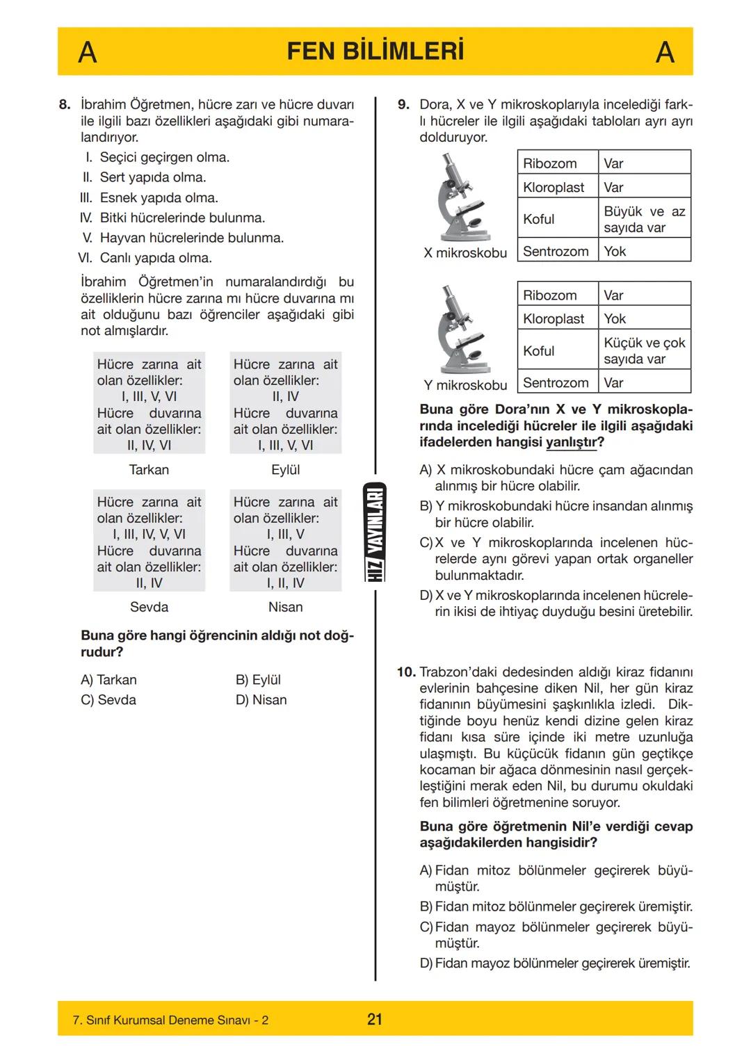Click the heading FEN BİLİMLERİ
coord(375,51)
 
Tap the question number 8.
coord(65,105)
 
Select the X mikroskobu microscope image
coord(463,198)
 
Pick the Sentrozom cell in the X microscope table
coord(556,251)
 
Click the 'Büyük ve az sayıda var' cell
coord(644,219)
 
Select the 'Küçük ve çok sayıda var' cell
coord(644,350)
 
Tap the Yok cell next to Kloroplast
coord(615,318)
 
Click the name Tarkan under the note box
coord(149,470)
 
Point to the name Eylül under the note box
coord(285,470)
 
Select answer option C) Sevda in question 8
coord(108,700)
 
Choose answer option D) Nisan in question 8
coord(261,700)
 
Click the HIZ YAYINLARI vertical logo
coord(375,532)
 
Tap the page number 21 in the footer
coord(375,1020)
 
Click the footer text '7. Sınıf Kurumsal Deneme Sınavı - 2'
coord(170,1020)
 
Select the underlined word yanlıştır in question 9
coord(574,442)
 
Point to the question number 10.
coord(406,672)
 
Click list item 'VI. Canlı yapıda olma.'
coord(145,258)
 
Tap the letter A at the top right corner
coord(665,52)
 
